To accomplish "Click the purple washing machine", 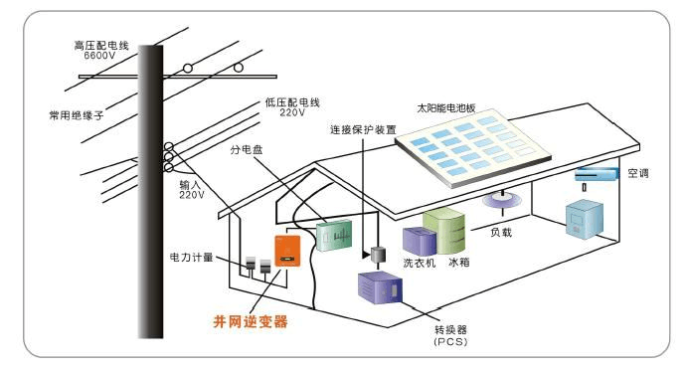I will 415,242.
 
